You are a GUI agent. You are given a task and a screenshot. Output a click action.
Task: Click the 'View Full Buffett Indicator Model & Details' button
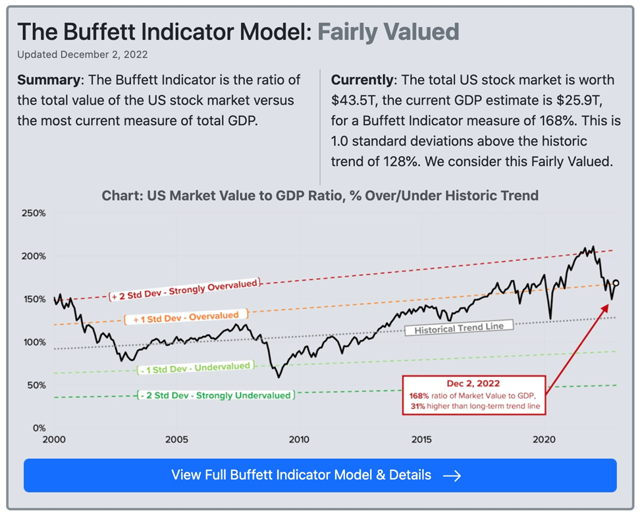click(x=320, y=475)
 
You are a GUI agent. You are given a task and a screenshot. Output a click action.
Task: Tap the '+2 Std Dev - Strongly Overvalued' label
click(x=185, y=289)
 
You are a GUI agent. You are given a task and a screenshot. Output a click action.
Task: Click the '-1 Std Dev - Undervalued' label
click(x=195, y=368)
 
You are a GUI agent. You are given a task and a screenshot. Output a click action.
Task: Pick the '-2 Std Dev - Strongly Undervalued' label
click(x=216, y=395)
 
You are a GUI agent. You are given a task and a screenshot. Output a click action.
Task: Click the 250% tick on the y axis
click(x=34, y=213)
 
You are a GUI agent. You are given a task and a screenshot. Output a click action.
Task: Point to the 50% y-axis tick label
click(x=36, y=385)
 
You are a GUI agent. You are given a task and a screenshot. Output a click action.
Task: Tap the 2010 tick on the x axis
click(x=298, y=439)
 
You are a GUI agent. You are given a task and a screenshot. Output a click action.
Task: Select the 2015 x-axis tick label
click(x=421, y=439)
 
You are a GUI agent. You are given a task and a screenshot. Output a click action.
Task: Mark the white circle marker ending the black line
click(x=616, y=283)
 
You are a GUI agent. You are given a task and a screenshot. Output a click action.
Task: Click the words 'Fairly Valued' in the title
click(x=388, y=32)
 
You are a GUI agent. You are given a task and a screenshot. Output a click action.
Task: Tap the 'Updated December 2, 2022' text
click(x=82, y=54)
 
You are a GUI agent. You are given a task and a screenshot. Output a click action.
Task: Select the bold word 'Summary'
click(x=48, y=80)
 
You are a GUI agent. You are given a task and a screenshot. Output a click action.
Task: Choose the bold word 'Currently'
click(x=361, y=80)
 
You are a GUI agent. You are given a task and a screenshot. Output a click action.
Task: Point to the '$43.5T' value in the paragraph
click(x=352, y=101)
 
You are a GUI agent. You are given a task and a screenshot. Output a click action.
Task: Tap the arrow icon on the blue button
click(x=452, y=476)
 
